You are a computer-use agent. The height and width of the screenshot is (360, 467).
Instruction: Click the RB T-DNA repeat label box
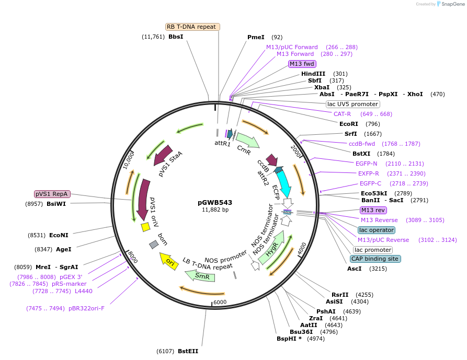pos(193,27)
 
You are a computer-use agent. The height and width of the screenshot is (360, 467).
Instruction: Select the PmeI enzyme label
pos(256,37)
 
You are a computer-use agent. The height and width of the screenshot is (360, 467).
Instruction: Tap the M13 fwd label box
pos(302,64)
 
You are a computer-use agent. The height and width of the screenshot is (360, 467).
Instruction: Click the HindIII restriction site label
pos(313,74)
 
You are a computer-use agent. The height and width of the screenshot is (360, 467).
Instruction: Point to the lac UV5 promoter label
pos(353,104)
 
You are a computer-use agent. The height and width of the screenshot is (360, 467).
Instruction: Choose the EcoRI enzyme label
pos(348,124)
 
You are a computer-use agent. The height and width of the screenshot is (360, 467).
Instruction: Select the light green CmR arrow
pos(247,140)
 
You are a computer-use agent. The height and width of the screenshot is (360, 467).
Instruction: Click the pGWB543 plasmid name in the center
pos(215,202)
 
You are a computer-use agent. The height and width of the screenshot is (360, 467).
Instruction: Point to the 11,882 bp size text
pos(215,210)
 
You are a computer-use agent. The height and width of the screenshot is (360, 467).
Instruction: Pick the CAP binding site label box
pos(375,259)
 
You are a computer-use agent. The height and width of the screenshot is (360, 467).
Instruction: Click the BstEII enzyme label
pos(188,351)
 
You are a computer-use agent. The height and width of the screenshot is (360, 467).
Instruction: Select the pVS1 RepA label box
pos(52,194)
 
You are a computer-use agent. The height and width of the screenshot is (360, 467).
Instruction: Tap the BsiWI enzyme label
pos(56,204)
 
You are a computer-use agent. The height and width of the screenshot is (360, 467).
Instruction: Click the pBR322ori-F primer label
pos(86,308)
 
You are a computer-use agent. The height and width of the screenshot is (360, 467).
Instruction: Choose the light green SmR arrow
pos(201,276)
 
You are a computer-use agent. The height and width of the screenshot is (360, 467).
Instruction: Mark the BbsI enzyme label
pos(176,37)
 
